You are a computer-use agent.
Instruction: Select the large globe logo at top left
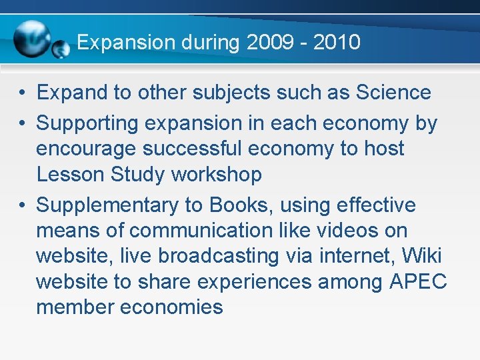pos(31,39)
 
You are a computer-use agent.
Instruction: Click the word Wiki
pos(422,256)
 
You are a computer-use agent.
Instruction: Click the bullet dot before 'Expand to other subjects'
pos(22,93)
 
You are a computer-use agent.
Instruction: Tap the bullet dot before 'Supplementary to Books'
pos(22,205)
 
